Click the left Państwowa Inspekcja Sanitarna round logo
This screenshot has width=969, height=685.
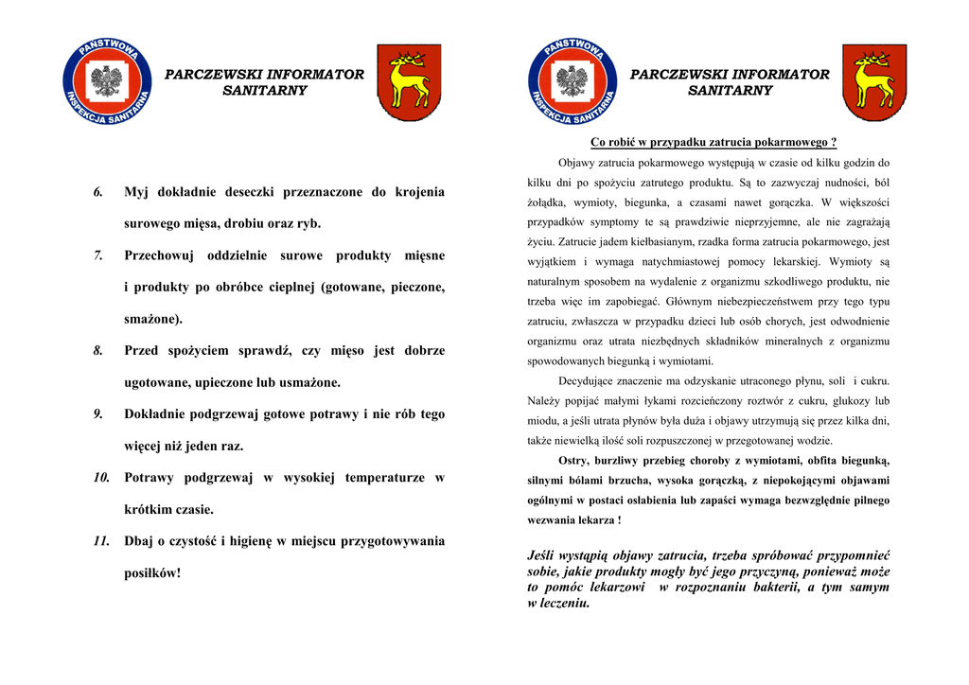click(107, 82)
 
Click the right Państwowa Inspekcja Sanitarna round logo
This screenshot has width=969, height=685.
click(573, 82)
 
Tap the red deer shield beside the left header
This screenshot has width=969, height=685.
click(409, 82)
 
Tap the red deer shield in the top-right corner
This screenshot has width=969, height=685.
click(874, 82)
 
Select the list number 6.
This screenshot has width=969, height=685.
click(98, 193)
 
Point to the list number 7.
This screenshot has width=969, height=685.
click(98, 256)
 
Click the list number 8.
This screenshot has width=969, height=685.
click(98, 351)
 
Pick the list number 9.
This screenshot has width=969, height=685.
click(98, 414)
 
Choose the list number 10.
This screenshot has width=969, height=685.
click(102, 478)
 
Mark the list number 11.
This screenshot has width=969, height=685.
click(102, 541)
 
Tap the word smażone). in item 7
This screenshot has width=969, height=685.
click(153, 320)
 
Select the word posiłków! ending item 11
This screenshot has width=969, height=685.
click(152, 573)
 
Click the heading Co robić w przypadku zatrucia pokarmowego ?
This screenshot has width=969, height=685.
click(714, 143)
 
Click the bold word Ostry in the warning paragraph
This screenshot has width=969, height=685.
click(573, 461)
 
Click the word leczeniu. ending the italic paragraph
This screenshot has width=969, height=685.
click(558, 603)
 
